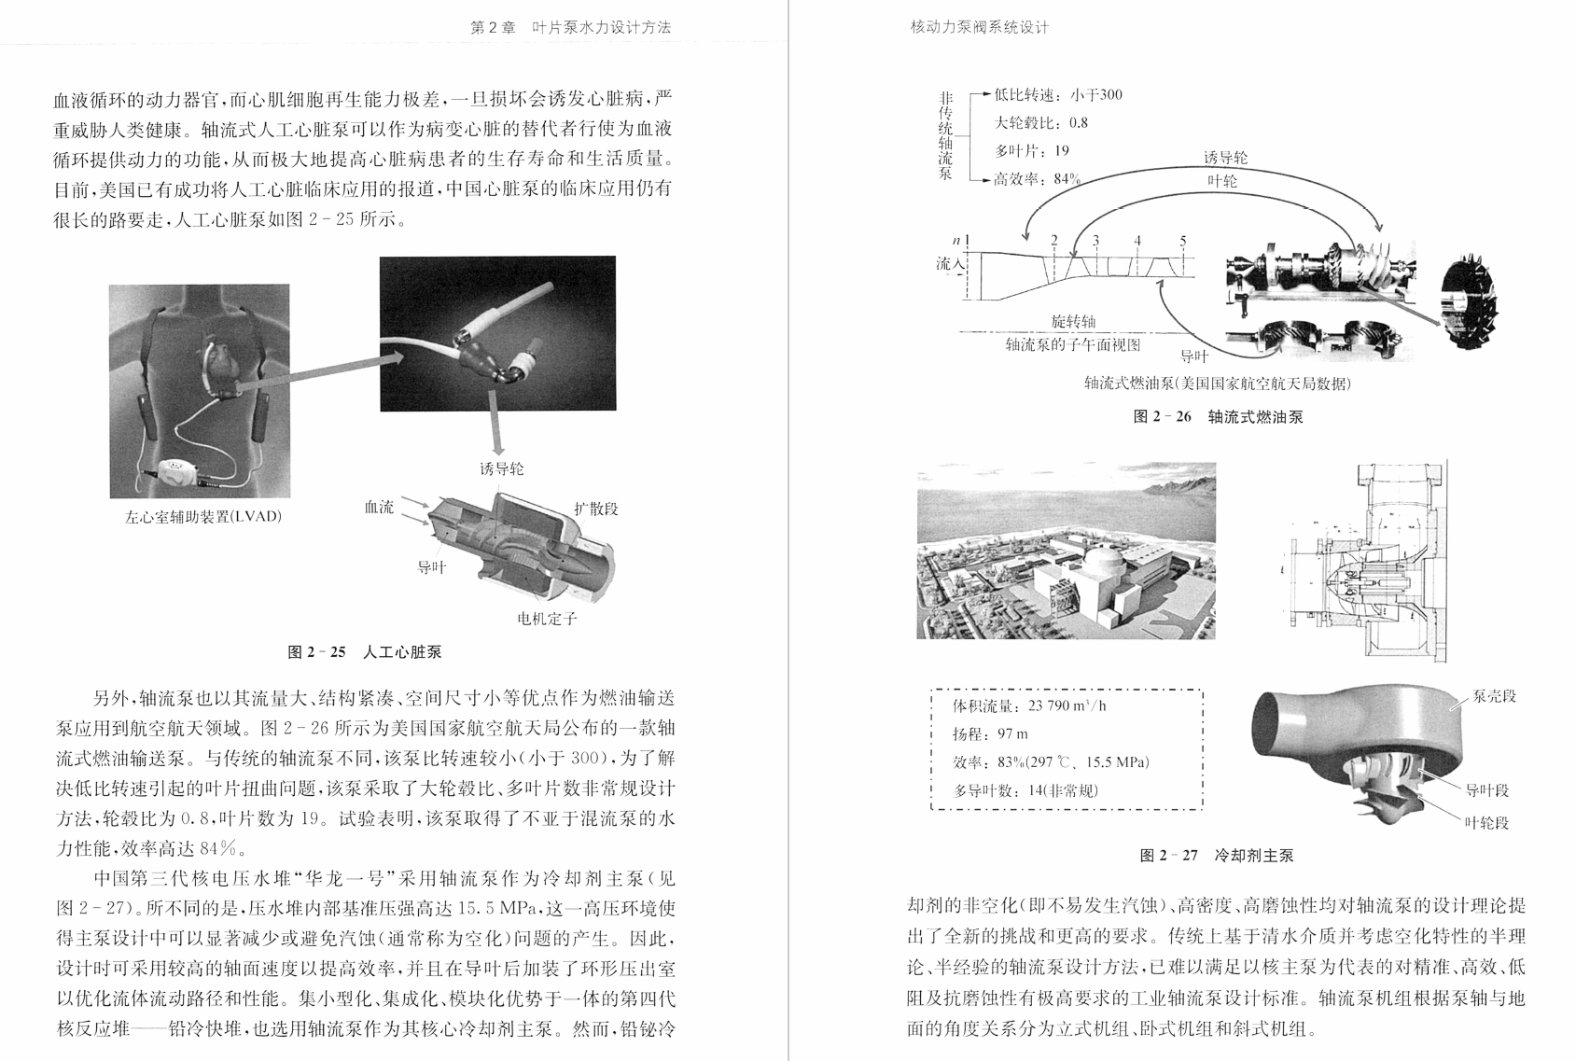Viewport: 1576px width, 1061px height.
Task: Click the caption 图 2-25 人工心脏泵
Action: (x=365, y=652)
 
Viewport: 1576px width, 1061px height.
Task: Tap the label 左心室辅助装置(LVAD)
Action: (x=202, y=516)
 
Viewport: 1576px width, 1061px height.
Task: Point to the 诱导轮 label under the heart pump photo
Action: (x=502, y=468)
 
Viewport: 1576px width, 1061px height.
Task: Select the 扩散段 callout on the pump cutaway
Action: (x=596, y=509)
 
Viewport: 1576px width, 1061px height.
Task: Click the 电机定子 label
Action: (x=547, y=619)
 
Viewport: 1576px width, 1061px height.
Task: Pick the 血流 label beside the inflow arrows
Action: (x=379, y=508)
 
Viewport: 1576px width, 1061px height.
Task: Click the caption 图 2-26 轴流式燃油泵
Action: (x=1218, y=416)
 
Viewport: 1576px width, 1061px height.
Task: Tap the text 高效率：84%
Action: (x=1037, y=179)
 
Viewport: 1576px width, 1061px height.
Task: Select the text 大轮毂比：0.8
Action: (x=1041, y=122)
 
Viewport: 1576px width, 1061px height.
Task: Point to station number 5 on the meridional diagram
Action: (x=1182, y=241)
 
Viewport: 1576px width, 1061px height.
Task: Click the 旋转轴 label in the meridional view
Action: (x=1073, y=322)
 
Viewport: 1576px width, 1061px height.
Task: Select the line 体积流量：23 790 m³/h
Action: (x=1029, y=705)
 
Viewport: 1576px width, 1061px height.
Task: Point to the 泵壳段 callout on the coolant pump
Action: (x=1494, y=696)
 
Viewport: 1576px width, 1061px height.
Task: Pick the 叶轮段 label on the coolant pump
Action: (x=1486, y=823)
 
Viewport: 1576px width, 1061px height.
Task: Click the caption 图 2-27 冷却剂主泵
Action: (x=1217, y=855)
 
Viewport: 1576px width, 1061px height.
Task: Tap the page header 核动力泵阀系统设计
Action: (x=980, y=27)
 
